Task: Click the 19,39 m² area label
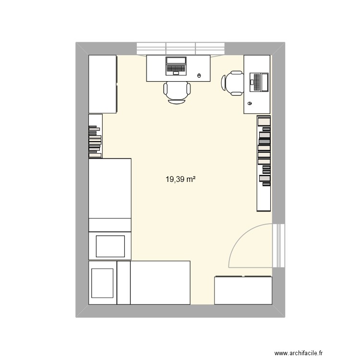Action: click(180, 180)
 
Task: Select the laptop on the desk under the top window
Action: click(176, 66)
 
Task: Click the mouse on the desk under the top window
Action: click(200, 75)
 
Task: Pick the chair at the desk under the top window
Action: click(177, 92)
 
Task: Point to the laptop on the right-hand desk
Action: click(259, 82)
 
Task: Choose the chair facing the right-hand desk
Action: click(233, 83)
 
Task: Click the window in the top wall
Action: click(180, 48)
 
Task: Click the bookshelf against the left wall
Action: click(96, 136)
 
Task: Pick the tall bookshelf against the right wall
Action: click(264, 163)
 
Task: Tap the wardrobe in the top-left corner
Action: click(103, 84)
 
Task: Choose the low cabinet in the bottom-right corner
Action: click(243, 290)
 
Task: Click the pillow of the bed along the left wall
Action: click(110, 246)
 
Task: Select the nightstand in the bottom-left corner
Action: click(102, 283)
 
